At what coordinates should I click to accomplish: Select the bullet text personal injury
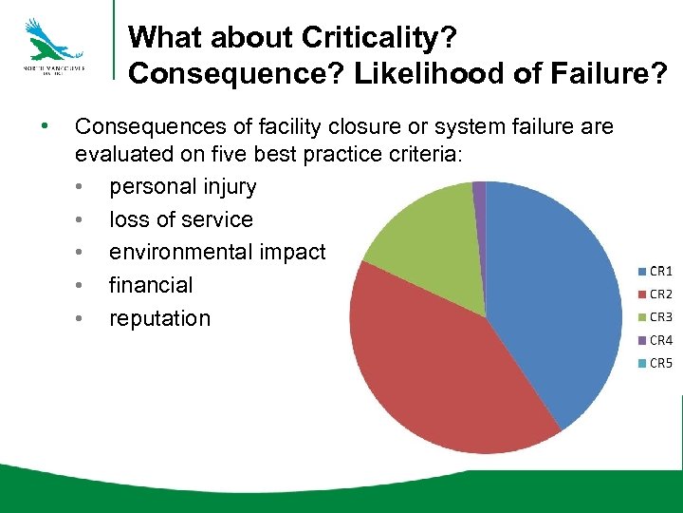(182, 186)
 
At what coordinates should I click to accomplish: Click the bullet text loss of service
(180, 219)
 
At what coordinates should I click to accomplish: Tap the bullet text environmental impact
(217, 252)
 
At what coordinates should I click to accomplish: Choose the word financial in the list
(150, 285)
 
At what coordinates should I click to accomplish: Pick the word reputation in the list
(159, 318)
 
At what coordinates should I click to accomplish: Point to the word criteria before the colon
(418, 155)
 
